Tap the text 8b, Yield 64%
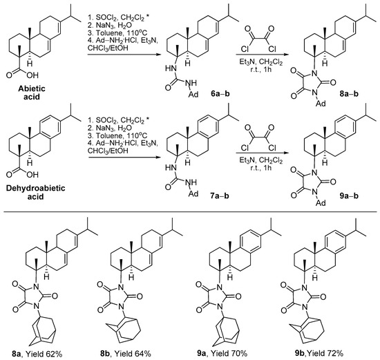[x=140, y=353]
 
